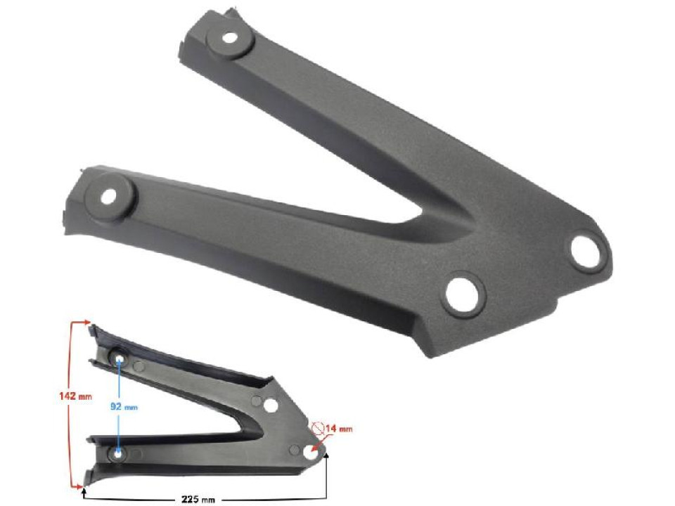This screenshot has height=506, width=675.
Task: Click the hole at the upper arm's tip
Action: click(231, 39)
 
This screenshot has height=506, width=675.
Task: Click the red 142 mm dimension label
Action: click(75, 396)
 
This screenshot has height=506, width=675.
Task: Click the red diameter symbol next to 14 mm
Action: click(318, 427)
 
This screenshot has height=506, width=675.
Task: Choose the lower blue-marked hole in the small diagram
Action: click(118, 453)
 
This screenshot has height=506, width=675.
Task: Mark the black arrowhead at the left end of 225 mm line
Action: click(84, 491)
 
